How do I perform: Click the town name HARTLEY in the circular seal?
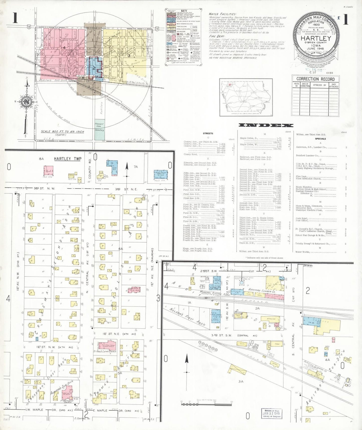(316, 38)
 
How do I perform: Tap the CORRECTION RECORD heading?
(315, 79)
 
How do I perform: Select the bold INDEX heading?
(266, 125)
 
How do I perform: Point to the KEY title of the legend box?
(184, 11)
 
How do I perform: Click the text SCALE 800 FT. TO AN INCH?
(62, 132)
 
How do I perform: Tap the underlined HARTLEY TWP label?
(67, 159)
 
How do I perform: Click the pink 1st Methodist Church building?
(67, 393)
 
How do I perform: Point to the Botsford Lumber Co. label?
(262, 291)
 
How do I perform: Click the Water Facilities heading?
(222, 14)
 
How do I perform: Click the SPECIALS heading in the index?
(320, 139)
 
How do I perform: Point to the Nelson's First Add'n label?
(187, 317)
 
